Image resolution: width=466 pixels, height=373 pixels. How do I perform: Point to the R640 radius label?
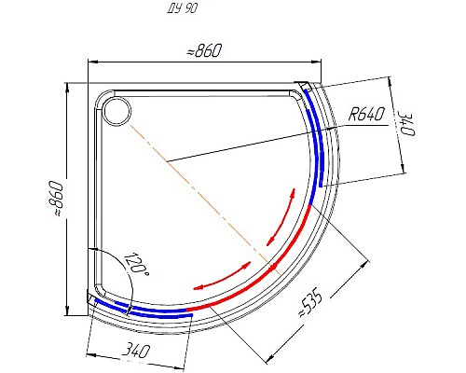click(366, 115)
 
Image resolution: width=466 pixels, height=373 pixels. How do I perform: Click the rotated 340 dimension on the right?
click(404, 124)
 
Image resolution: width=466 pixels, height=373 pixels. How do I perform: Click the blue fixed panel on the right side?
click(318, 140)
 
